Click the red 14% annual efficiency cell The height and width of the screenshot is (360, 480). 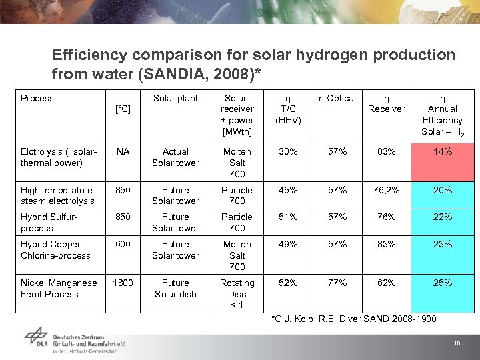click(442, 162)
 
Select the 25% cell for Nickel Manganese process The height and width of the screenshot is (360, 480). click(442, 283)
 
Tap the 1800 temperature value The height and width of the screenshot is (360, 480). click(123, 283)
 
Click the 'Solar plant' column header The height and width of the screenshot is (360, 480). click(175, 98)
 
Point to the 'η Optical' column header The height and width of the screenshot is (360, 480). click(337, 98)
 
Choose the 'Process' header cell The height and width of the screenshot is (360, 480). click(37, 98)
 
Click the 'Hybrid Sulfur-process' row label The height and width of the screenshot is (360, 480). click(46, 222)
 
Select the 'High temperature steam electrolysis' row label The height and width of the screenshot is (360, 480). click(57, 195)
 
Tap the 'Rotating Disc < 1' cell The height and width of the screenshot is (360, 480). click(237, 294)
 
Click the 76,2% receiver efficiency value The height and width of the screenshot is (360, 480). click(387, 190)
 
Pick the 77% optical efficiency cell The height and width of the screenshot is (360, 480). click(337, 283)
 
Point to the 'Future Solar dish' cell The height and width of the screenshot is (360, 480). click(175, 288)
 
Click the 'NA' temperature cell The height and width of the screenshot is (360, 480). click(123, 151)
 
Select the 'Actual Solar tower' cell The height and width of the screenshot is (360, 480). click(175, 157)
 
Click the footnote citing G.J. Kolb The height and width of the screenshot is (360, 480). click(353, 319)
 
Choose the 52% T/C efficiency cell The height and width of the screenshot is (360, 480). click(288, 283)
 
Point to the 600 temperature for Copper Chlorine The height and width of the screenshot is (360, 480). click(123, 244)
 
